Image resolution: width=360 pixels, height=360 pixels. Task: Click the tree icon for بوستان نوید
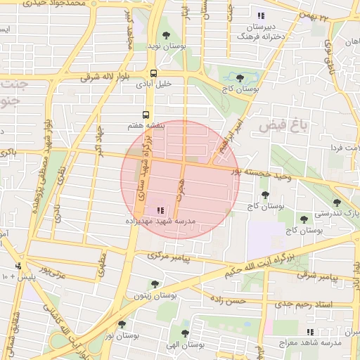[x=166, y=34]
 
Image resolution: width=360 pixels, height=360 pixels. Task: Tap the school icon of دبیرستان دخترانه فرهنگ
[x=261, y=15]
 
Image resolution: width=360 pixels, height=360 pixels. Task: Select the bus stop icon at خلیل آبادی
[x=153, y=73]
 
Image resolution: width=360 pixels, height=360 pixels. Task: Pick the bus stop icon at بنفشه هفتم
[x=146, y=114]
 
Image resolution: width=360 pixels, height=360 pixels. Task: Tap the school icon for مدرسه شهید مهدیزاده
[x=160, y=210]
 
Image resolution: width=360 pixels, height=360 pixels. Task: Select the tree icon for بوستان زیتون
[x=155, y=284]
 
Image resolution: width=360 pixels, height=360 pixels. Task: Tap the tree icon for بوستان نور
[x=122, y=324]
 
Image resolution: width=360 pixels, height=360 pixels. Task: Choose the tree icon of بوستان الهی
[x=185, y=333]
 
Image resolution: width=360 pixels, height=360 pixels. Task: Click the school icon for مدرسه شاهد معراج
[x=310, y=331]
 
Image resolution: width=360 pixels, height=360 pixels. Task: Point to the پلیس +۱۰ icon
[x=18, y=266]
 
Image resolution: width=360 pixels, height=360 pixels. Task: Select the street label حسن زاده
[x=228, y=300]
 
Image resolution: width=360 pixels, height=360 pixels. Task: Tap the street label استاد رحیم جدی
[x=302, y=303]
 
